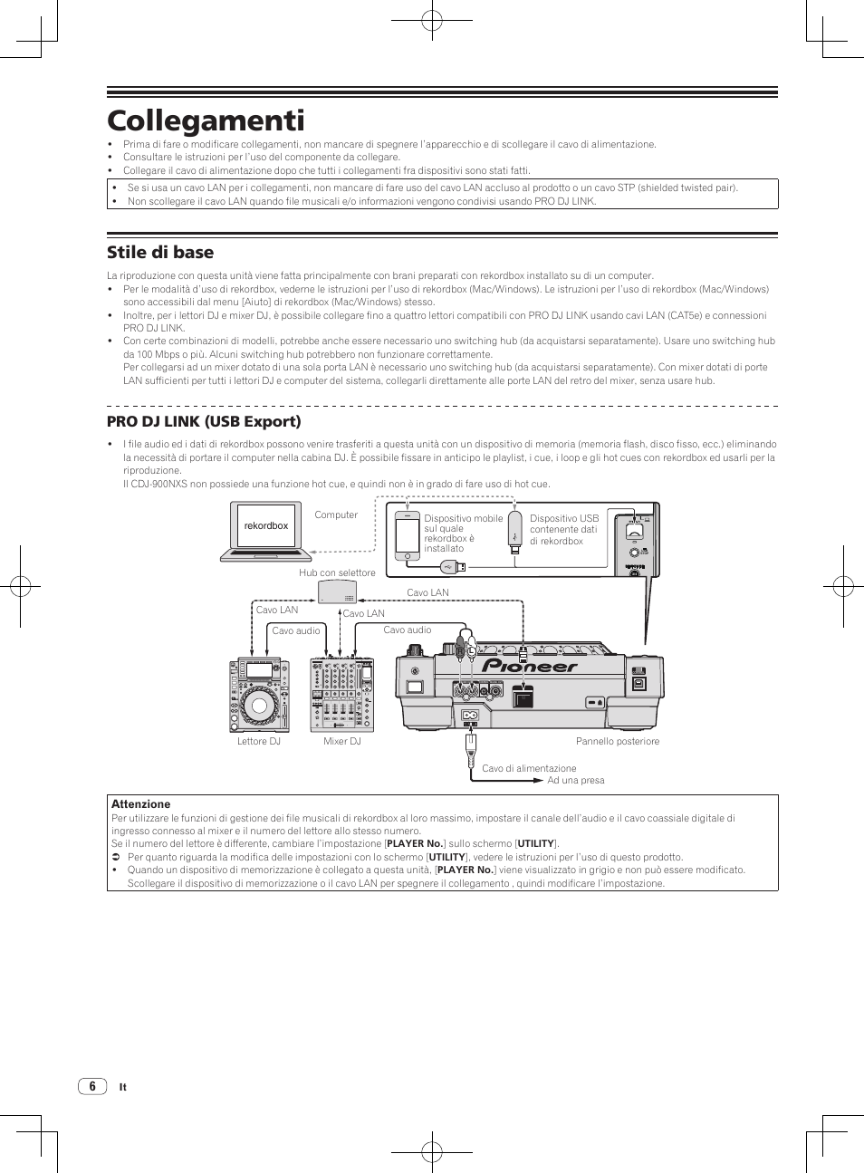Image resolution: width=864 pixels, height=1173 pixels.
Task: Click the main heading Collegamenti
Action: pyautogui.click(x=206, y=120)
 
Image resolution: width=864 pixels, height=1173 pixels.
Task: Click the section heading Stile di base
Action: pyautogui.click(x=160, y=252)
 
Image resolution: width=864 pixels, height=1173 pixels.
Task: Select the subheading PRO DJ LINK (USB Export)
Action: pyautogui.click(x=204, y=421)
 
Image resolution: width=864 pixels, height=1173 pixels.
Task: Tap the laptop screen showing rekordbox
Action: pyautogui.click(x=265, y=525)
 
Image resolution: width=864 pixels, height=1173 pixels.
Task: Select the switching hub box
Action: pyautogui.click(x=337, y=591)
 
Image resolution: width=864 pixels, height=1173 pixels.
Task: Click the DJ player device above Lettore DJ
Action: pyautogui.click(x=259, y=695)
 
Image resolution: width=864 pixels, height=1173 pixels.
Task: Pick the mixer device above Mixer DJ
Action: pyautogui.click(x=342, y=695)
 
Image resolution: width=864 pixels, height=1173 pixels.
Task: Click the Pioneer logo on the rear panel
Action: pyautogui.click(x=530, y=667)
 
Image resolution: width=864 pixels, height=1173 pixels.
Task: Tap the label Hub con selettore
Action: pyautogui.click(x=337, y=572)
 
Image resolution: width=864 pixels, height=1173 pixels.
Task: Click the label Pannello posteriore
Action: pyautogui.click(x=618, y=741)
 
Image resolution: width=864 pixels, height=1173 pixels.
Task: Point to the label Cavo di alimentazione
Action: pyautogui.click(x=529, y=768)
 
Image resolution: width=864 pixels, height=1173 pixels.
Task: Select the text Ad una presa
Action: pyautogui.click(x=575, y=780)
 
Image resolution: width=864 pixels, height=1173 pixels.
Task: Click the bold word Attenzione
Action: pyautogui.click(x=140, y=803)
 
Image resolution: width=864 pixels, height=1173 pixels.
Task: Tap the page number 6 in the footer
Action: pyautogui.click(x=91, y=1086)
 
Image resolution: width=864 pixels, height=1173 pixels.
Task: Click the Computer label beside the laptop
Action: pyautogui.click(x=336, y=514)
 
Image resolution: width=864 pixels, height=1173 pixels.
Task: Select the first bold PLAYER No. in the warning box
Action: pyautogui.click(x=414, y=843)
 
